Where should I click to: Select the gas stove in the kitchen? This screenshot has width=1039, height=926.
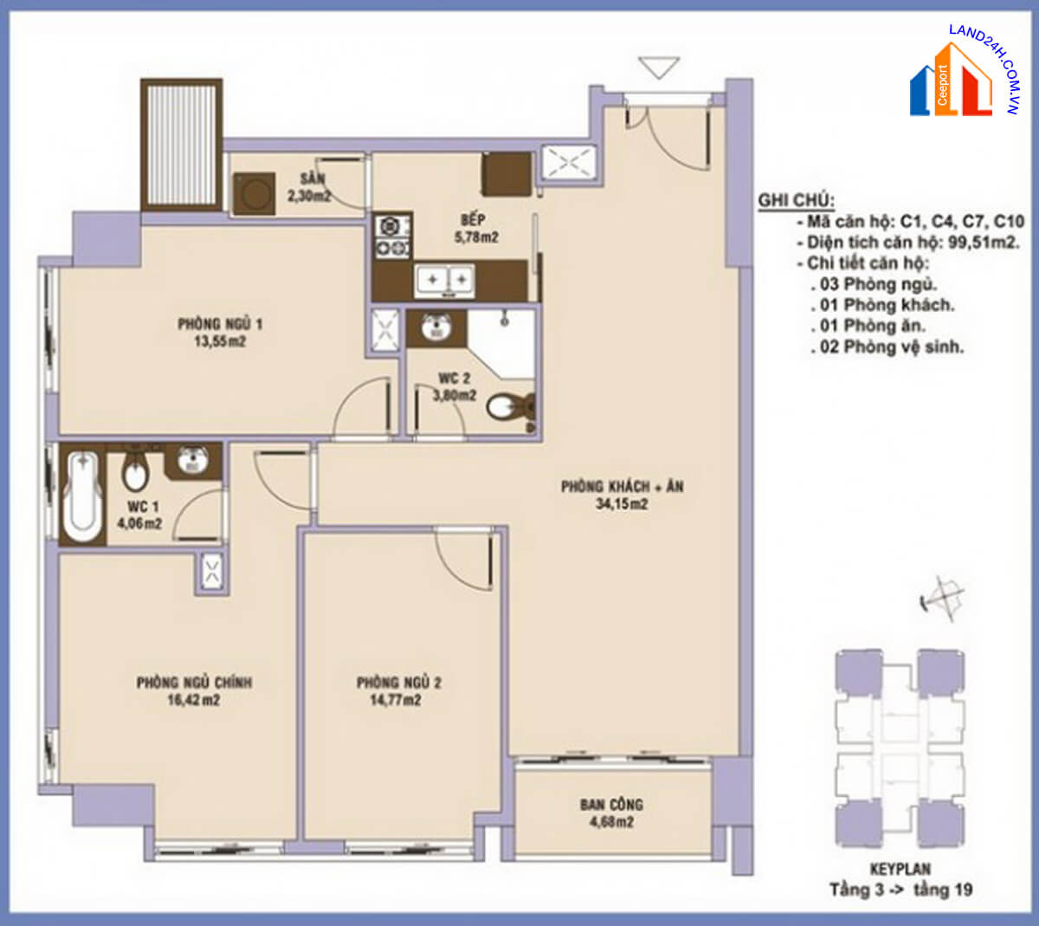[x=393, y=236]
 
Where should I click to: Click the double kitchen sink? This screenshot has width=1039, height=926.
[x=445, y=281]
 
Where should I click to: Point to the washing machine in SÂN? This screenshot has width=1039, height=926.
[x=255, y=193]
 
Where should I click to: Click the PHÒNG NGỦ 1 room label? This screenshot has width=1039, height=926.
[x=220, y=324]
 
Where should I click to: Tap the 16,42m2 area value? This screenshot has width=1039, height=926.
[x=194, y=700]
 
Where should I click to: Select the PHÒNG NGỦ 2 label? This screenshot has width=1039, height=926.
[x=399, y=683]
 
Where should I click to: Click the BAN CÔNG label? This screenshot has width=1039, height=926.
[x=611, y=805]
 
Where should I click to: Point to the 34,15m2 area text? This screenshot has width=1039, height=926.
[x=622, y=504]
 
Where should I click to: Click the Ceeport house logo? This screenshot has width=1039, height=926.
[x=951, y=81]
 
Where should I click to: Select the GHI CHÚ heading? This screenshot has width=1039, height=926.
[x=797, y=201]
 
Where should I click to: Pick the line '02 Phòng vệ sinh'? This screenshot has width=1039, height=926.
[x=887, y=347]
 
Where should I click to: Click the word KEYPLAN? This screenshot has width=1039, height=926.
[x=900, y=869]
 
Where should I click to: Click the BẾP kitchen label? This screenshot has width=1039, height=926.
[x=473, y=220]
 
